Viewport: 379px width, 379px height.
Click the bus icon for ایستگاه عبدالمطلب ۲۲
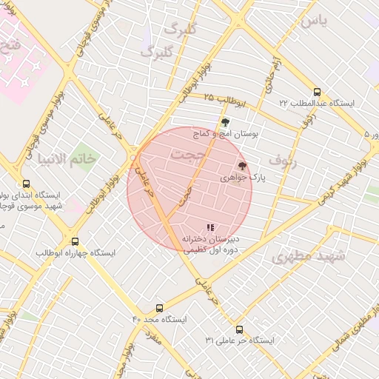pyautogui.click(x=318, y=92)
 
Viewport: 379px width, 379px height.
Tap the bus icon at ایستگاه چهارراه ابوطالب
pyautogui.click(x=75, y=241)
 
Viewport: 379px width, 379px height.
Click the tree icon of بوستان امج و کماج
pyautogui.click(x=225, y=123)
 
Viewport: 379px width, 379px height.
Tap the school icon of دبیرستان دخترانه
pyautogui.click(x=211, y=227)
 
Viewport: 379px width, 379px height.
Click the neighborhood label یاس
pyautogui.click(x=314, y=21)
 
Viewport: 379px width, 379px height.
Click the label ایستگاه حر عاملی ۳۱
pyautogui.click(x=240, y=341)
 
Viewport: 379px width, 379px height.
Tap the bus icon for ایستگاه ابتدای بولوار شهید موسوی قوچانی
pyautogui.click(x=27, y=184)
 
